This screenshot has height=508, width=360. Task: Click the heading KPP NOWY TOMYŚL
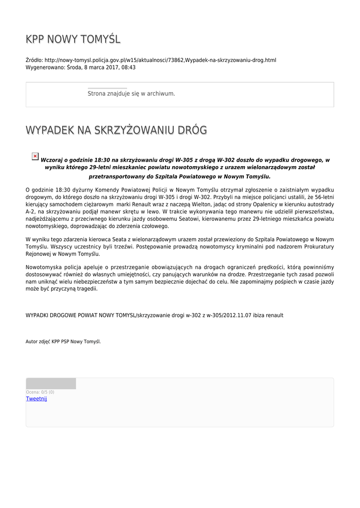[73, 39]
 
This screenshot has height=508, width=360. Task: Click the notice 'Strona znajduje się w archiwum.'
[131, 93]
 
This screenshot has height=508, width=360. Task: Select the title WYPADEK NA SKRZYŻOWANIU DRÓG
[116, 130]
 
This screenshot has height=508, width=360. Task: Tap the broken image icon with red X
[35, 156]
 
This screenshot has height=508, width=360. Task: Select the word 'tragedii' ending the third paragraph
[87, 289]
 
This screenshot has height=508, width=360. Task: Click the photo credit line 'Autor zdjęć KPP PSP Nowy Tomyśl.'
[63, 341]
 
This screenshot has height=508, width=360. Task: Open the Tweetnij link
[36, 399]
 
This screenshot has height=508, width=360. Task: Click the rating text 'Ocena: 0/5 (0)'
[40, 392]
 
